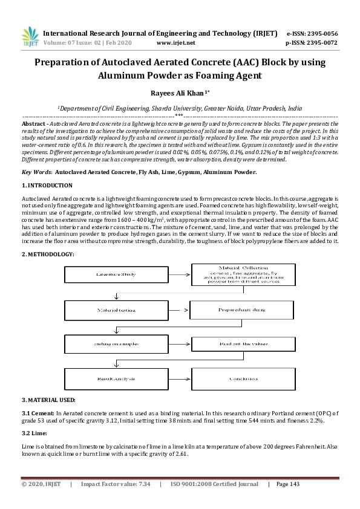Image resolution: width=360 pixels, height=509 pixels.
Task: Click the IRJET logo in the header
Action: point(30,37)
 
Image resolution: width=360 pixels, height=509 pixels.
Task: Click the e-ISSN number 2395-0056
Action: point(321,33)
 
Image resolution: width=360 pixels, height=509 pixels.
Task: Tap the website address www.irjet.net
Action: point(175,43)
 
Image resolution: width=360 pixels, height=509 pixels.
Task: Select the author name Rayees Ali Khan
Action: point(178,92)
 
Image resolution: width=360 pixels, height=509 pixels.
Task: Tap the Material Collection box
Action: point(241,275)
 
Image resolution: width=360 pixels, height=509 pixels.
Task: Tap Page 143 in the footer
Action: point(287,484)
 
